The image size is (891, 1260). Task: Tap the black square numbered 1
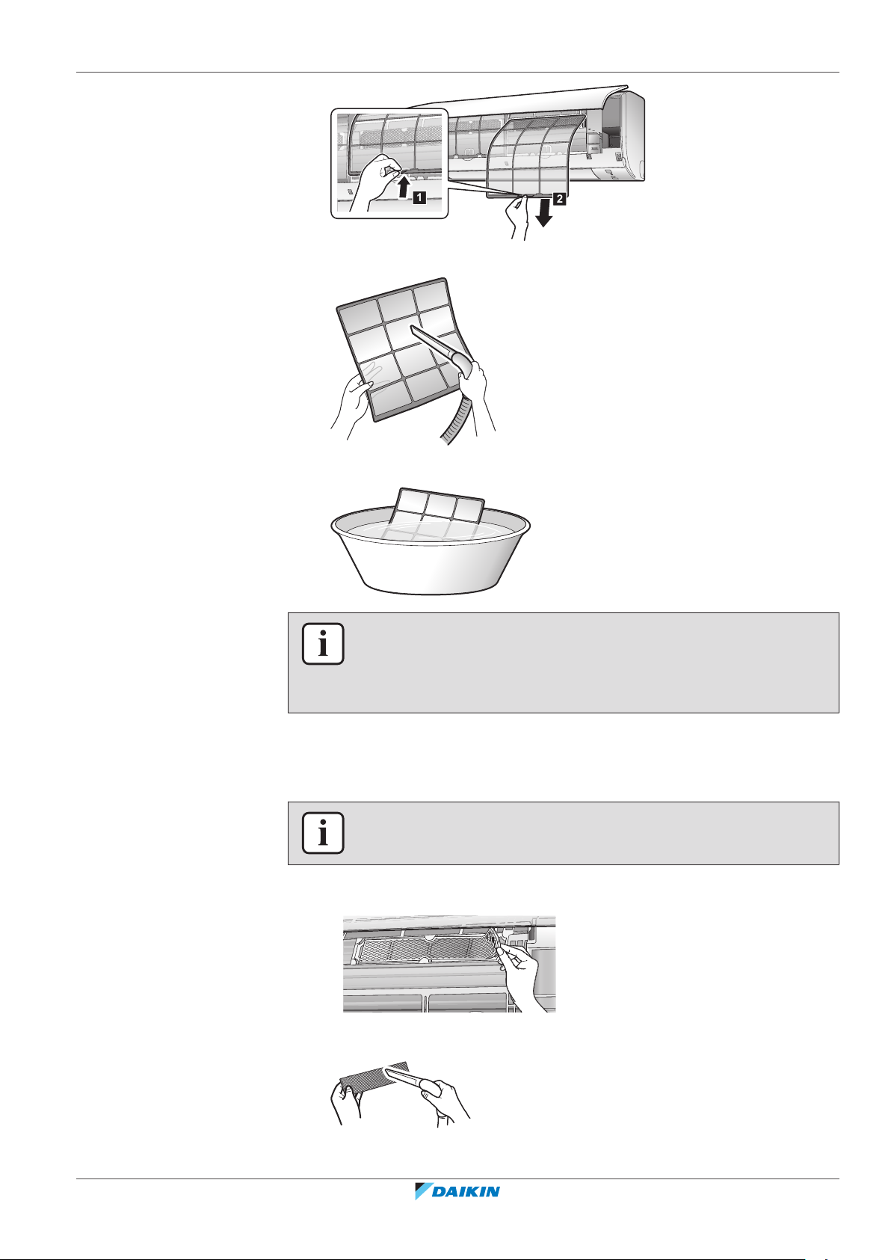pyautogui.click(x=419, y=197)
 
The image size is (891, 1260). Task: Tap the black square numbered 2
pyautogui.click(x=559, y=199)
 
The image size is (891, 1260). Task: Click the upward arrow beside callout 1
pyautogui.click(x=402, y=187)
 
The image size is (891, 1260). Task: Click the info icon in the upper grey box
pyautogui.click(x=323, y=644)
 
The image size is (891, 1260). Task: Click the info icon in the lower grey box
pyautogui.click(x=323, y=833)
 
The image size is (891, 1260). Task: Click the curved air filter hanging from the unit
pyautogui.click(x=534, y=155)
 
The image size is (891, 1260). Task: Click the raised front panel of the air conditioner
pyautogui.click(x=517, y=99)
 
